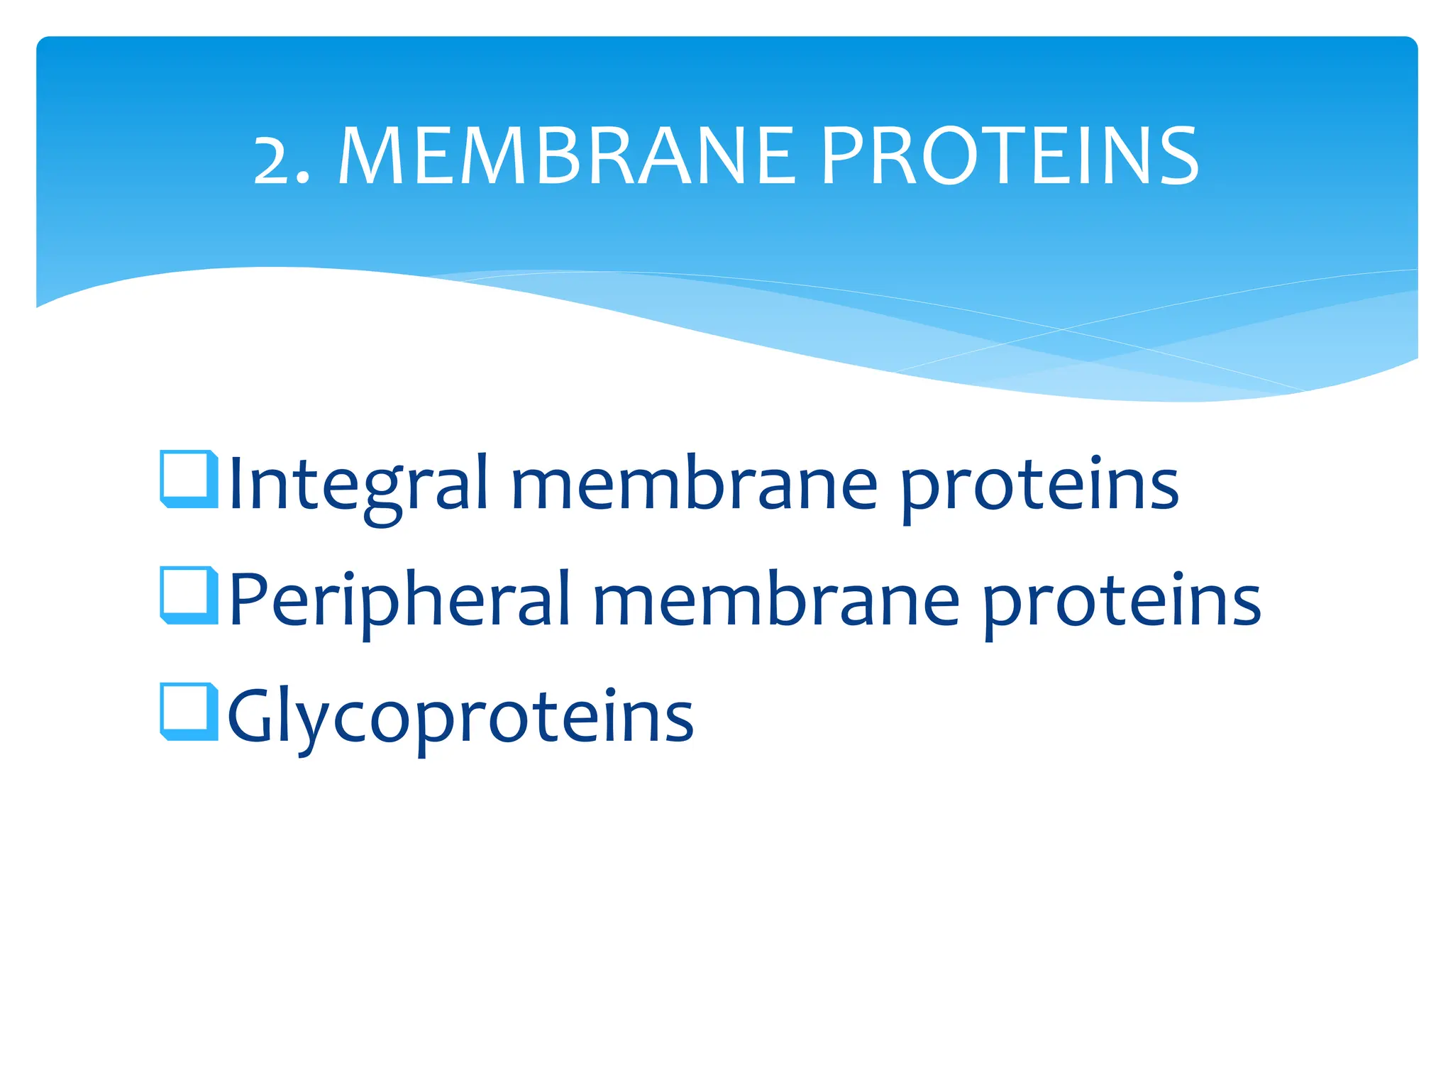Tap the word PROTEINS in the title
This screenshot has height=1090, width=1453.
(1010, 157)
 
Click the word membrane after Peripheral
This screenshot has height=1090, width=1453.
(776, 600)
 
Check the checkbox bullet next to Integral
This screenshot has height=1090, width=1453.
(189, 479)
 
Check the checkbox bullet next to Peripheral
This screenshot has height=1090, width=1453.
(189, 595)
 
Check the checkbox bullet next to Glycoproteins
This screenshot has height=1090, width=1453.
(189, 712)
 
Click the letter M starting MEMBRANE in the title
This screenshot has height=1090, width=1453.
(372, 157)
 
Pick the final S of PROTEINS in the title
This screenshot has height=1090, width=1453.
(1177, 157)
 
